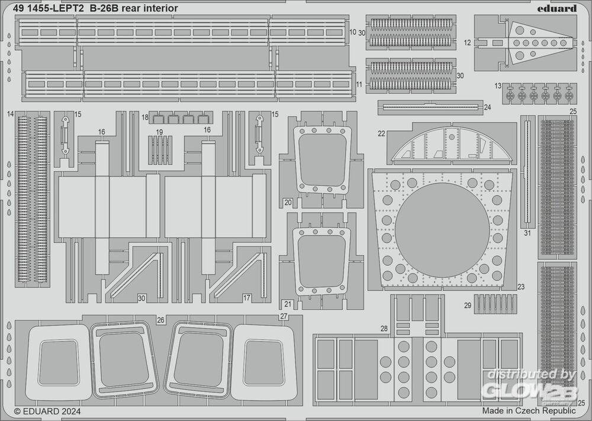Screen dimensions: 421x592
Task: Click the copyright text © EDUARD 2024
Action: [47, 410]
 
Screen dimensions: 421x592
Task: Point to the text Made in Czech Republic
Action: [529, 410]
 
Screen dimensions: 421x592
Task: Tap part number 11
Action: [359, 85]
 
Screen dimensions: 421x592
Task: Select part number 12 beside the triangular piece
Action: [467, 43]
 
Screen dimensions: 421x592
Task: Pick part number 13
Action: [497, 86]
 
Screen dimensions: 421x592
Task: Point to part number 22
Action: [381, 134]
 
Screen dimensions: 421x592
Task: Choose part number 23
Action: [520, 287]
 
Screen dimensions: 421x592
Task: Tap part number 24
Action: [487, 107]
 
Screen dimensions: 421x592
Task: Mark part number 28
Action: [384, 328]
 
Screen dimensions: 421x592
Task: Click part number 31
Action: [527, 233]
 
